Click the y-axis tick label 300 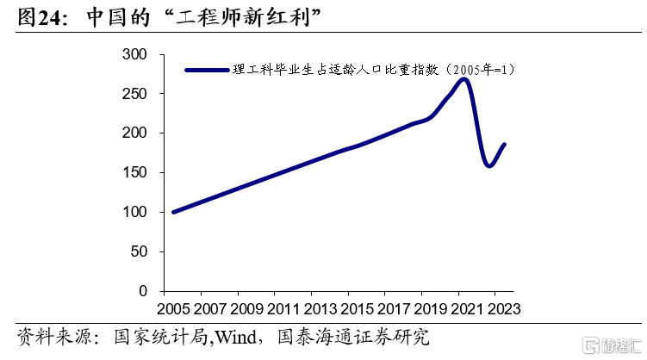pyautogui.click(x=134, y=54)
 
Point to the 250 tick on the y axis pyautogui.click(x=134, y=94)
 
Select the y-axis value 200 pyautogui.click(x=134, y=133)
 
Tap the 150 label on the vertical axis pyautogui.click(x=134, y=173)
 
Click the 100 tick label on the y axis pyautogui.click(x=134, y=213)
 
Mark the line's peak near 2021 pyautogui.click(x=463, y=79)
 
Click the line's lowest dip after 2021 pyautogui.click(x=489, y=166)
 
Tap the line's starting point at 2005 pyautogui.click(x=174, y=212)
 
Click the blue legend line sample pyautogui.click(x=206, y=70)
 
